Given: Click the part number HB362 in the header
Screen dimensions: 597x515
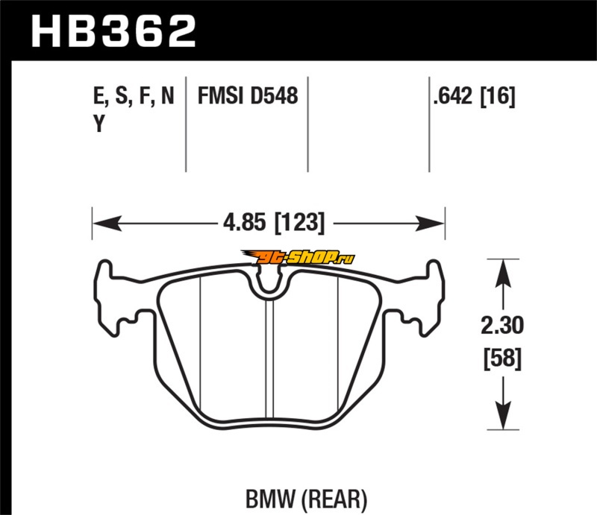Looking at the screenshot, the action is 113,31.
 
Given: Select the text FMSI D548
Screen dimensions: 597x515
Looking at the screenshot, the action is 248,95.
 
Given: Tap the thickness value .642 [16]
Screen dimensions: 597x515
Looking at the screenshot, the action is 474,96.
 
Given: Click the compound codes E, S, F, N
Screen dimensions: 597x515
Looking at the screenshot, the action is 134,96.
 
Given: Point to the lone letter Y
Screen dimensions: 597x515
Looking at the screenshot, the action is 99,123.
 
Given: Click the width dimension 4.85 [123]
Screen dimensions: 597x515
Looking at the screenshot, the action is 274,223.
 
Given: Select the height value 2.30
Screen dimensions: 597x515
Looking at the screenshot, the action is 502,326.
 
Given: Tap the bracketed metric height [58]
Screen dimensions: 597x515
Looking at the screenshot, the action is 502,358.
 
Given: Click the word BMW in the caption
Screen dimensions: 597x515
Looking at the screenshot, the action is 270,499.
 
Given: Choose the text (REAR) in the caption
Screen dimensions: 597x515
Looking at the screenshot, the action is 334,499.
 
